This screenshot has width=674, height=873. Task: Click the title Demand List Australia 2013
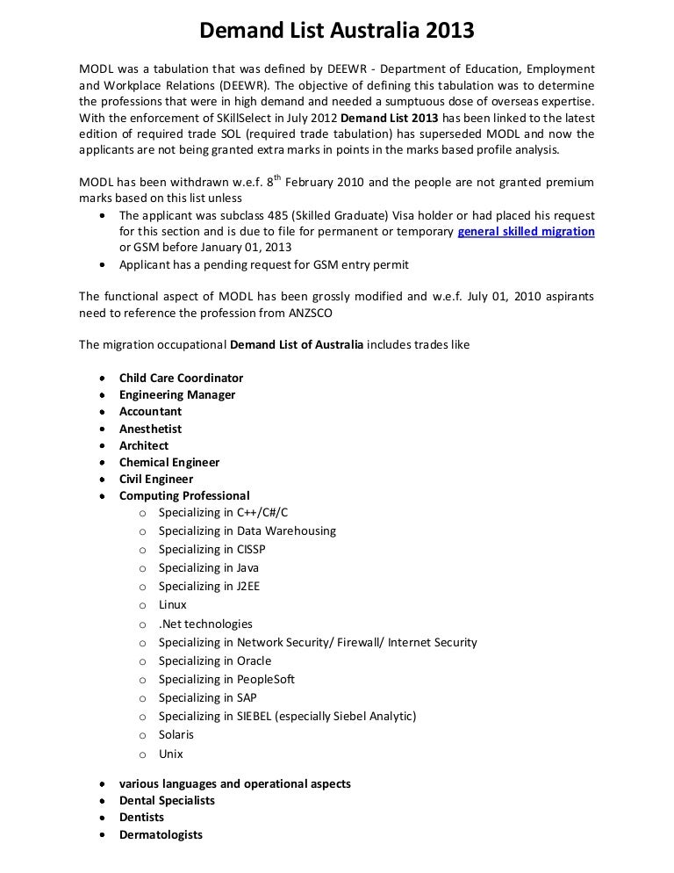(x=337, y=32)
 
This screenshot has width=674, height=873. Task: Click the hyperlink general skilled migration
(x=527, y=232)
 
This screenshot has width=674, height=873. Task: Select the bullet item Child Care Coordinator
(x=181, y=378)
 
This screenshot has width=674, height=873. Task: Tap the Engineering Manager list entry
(x=177, y=395)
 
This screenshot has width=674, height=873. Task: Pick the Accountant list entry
(x=150, y=412)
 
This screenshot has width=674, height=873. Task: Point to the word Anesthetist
(x=150, y=429)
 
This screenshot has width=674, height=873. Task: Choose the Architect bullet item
(x=144, y=445)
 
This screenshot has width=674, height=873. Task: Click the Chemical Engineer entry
(x=169, y=462)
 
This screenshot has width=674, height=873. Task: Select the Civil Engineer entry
(x=156, y=480)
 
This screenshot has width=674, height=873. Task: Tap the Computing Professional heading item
(x=184, y=496)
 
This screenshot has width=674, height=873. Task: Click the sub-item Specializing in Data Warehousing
(x=247, y=530)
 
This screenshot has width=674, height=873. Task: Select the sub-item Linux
(x=172, y=605)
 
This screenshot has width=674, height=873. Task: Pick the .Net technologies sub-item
(x=205, y=624)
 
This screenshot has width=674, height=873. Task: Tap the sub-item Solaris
(x=176, y=734)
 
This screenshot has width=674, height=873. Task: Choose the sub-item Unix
(x=170, y=754)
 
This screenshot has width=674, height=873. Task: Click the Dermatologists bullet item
(x=161, y=834)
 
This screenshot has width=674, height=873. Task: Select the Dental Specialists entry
(x=167, y=800)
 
